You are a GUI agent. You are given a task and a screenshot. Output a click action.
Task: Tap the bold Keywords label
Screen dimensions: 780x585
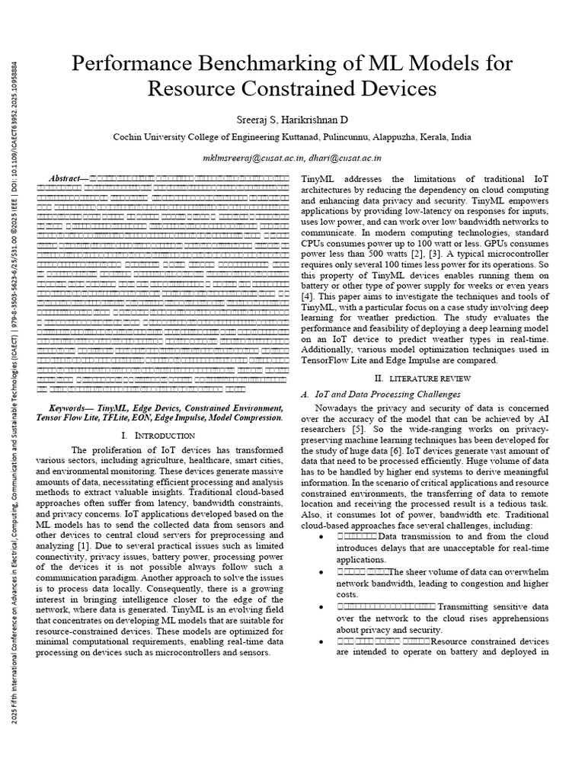click(72, 408)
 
